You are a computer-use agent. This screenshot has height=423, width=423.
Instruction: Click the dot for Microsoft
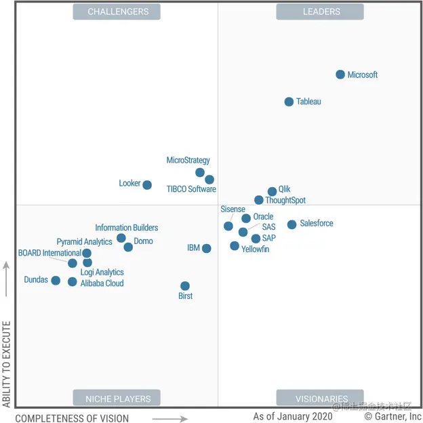[340, 75]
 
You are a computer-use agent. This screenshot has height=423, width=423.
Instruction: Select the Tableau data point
[289, 102]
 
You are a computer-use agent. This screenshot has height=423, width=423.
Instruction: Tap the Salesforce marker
[291, 224]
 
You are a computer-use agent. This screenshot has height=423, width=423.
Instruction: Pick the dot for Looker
[147, 185]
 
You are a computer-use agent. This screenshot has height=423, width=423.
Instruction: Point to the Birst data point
[185, 286]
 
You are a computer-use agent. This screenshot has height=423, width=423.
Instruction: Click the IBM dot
[207, 249]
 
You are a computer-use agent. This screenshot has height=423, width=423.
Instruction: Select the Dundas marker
[56, 281]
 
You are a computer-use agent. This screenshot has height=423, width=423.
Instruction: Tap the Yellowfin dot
[235, 246]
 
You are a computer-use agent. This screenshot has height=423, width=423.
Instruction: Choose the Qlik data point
[272, 192]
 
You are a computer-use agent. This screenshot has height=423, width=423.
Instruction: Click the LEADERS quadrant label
[320, 12]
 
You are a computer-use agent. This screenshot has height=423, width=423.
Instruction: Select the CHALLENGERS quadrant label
[117, 12]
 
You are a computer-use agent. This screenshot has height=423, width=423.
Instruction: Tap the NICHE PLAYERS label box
[117, 398]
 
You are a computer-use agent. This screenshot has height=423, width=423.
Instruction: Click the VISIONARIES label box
[320, 398]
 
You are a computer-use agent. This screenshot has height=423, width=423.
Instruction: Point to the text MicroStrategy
[188, 161]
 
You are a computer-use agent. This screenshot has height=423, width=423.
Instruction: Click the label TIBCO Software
[191, 189]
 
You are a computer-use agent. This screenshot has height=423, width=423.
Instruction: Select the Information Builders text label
[126, 228]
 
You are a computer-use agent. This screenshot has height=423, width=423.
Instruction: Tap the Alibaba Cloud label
[102, 283]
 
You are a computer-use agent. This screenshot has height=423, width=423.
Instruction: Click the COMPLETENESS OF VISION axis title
[72, 418]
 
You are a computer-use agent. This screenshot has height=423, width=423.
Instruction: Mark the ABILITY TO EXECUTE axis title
[7, 364]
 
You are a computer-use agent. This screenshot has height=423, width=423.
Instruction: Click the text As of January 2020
[293, 416]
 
